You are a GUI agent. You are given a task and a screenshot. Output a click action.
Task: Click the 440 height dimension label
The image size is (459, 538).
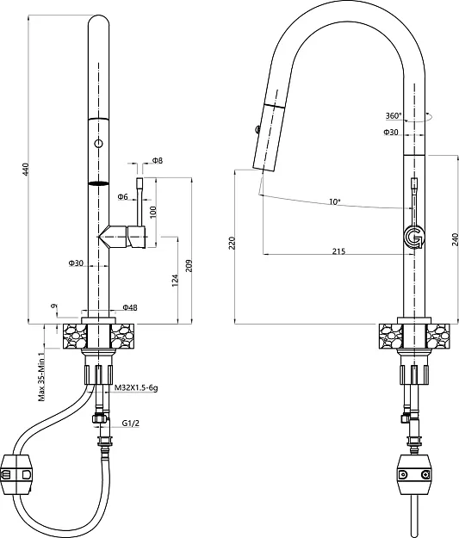coord(26,170)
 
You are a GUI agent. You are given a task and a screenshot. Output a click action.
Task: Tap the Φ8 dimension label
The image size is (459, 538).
coord(158,160)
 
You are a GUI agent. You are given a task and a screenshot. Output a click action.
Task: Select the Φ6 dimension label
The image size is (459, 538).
coord(122,196)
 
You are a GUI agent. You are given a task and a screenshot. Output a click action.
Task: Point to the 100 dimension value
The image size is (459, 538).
coord(152,212)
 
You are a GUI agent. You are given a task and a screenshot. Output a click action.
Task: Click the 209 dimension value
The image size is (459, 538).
coord(189,266)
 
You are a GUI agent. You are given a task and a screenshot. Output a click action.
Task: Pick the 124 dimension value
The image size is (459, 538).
coord(175,281)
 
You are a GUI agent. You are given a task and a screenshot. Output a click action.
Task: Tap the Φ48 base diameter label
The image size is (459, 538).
coord(130,308)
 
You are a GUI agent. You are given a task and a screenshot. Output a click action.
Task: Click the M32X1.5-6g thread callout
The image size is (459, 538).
coord(136,388)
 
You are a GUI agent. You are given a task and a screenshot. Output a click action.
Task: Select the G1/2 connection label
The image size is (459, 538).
coord(131,424)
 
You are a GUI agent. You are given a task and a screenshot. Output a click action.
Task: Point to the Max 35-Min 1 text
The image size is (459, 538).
coord(41,375)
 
